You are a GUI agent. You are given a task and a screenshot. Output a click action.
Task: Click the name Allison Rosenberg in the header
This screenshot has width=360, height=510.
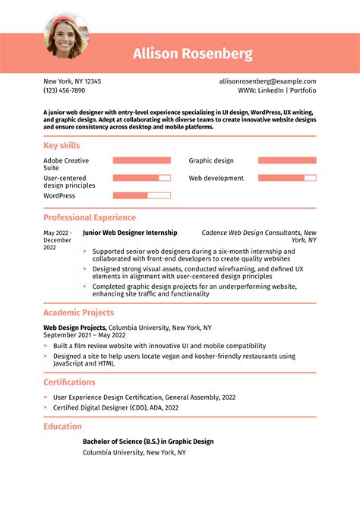(192, 54)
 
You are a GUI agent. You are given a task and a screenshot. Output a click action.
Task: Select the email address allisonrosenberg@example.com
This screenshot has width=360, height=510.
(267, 81)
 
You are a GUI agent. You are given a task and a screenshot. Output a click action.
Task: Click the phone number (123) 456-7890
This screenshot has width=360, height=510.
(64, 90)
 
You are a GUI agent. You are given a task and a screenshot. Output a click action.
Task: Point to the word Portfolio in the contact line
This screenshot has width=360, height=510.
(302, 90)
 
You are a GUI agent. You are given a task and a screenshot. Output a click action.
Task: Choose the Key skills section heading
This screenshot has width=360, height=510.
(62, 145)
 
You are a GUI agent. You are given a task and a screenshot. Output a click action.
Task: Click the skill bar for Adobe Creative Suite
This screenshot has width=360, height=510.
(141, 160)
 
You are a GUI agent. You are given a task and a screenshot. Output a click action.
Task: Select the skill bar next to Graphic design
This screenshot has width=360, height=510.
(286, 160)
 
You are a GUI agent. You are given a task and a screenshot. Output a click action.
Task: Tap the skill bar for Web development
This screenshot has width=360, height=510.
(286, 178)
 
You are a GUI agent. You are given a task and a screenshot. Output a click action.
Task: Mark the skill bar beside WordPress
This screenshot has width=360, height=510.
(141, 195)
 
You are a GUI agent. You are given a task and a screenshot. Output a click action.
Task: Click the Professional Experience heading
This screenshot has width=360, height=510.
(90, 217)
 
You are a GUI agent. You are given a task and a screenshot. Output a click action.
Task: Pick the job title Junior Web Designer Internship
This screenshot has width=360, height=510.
(129, 233)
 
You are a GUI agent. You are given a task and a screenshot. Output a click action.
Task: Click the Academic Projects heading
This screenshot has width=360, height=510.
(78, 312)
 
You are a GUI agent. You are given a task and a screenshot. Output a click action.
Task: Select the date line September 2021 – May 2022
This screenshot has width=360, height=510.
(84, 335)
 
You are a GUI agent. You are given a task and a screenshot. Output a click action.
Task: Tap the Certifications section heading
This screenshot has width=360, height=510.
(69, 382)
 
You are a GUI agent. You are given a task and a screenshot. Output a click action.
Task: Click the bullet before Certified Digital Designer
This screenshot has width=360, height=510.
(46, 407)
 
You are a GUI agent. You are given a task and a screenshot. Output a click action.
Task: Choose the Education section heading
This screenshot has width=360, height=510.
(62, 426)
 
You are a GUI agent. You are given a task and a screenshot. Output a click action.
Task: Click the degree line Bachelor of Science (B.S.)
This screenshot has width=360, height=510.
(147, 442)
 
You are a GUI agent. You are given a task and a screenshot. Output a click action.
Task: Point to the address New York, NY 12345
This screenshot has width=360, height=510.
(72, 81)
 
